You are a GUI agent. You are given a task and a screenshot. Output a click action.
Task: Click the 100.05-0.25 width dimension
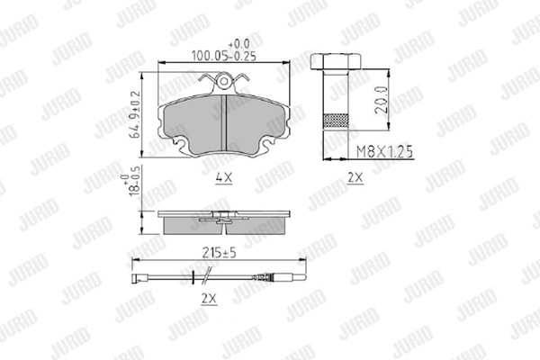pos(224,56)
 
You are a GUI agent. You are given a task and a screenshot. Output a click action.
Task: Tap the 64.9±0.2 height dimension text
pos(135,115)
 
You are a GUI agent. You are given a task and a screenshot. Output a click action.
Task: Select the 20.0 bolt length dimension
pos(382,100)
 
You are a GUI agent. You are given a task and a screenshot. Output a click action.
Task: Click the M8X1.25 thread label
pos(384,151)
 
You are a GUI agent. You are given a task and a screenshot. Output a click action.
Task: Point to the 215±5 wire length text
pos(219,253)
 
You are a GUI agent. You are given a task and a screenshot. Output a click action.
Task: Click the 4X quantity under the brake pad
pos(224,178)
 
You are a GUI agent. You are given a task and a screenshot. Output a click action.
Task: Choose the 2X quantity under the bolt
pos(355,178)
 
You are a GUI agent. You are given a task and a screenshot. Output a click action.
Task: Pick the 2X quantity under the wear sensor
pos(210,299)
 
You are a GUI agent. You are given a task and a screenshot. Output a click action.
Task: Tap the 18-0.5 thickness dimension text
pos(132,185)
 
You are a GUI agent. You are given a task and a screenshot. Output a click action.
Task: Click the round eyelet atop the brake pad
pos(224,81)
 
